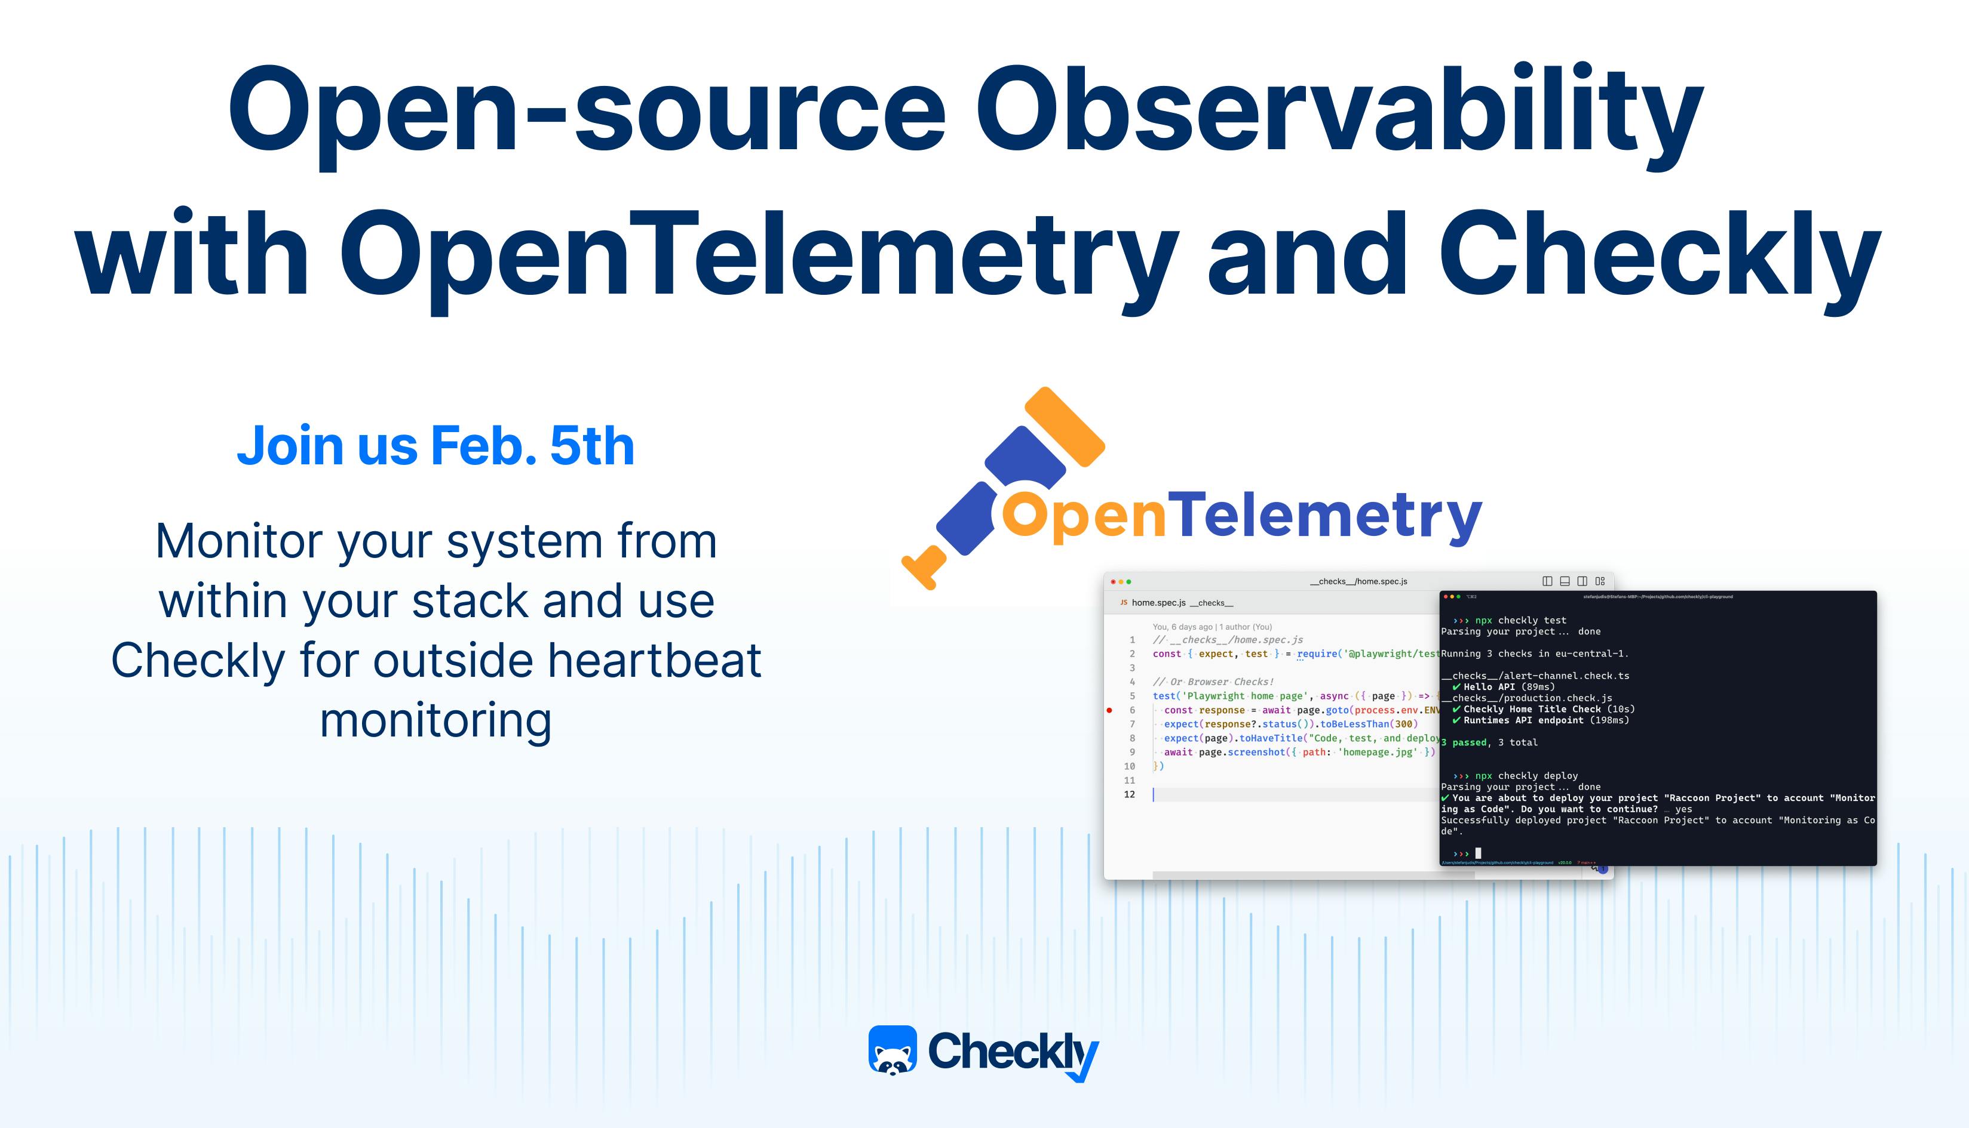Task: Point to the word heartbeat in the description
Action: click(655, 661)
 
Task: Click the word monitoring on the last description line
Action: click(435, 720)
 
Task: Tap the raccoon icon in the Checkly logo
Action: click(893, 1051)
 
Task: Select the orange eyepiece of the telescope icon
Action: click(1065, 426)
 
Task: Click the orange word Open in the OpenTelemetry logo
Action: click(1084, 516)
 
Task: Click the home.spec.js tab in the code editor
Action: click(1158, 603)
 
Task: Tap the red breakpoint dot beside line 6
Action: click(1109, 710)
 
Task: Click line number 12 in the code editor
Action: click(1130, 794)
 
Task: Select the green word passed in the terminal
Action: click(1469, 742)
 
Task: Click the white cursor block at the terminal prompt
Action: click(1479, 853)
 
